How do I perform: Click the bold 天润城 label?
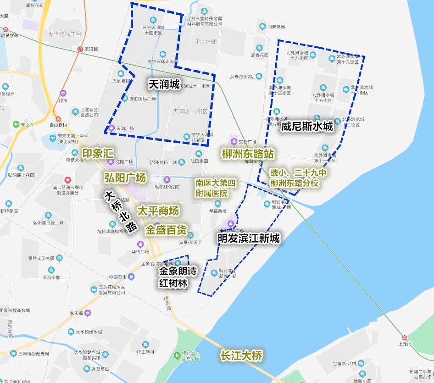pyautogui.click(x=164, y=84)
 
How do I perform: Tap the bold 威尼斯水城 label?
pyautogui.click(x=307, y=126)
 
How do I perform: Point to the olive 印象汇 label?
pyautogui.click(x=97, y=153)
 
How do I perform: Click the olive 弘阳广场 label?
pyautogui.click(x=125, y=178)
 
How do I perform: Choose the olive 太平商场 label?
pyautogui.click(x=158, y=211)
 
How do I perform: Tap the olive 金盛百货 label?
pyautogui.click(x=166, y=230)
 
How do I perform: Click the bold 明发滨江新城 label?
pyautogui.click(x=248, y=238)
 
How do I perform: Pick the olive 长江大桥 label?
pyautogui.click(x=241, y=355)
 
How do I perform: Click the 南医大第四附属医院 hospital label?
pyautogui.click(x=215, y=188)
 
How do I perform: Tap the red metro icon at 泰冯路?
pyautogui.click(x=81, y=49)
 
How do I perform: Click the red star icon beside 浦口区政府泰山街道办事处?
pyautogui.click(x=68, y=180)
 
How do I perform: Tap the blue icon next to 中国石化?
pyautogui.click(x=131, y=277)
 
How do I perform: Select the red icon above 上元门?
pyautogui.click(x=404, y=337)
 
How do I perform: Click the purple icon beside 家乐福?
pyautogui.click(x=88, y=313)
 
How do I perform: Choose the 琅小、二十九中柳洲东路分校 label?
pyautogui.click(x=298, y=178)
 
